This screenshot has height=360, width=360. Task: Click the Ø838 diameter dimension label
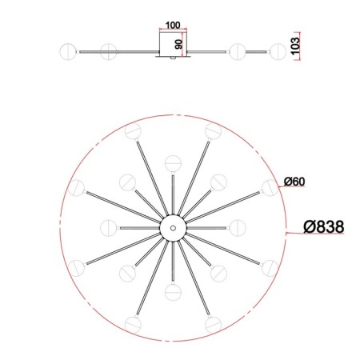(x=324, y=227)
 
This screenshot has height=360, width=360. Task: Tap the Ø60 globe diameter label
(x=294, y=182)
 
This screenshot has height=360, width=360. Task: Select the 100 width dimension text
(x=173, y=26)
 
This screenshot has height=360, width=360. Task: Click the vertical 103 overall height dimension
(x=295, y=46)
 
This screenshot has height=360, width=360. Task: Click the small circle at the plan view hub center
(x=173, y=228)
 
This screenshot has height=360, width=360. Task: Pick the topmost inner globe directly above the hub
(x=173, y=163)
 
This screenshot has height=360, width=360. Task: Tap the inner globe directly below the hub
(x=173, y=292)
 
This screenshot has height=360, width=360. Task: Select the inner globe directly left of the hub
(x=109, y=228)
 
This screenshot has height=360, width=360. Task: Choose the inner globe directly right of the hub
(x=238, y=228)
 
